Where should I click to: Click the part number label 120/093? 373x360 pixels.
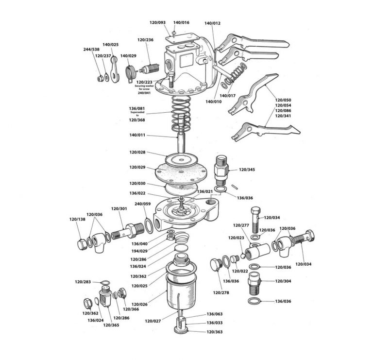point(159,23)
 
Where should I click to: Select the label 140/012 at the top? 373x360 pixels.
point(212,23)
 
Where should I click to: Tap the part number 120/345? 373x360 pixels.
point(247,170)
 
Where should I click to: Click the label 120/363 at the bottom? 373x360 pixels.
point(215,331)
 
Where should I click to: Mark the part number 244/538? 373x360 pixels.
point(91,50)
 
